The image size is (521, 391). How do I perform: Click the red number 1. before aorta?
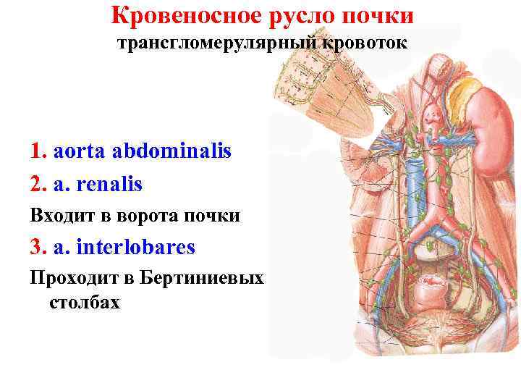[39, 151]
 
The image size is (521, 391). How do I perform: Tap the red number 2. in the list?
[39, 185]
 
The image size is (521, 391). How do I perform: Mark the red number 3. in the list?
[39, 247]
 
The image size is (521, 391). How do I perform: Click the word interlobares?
[137, 247]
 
